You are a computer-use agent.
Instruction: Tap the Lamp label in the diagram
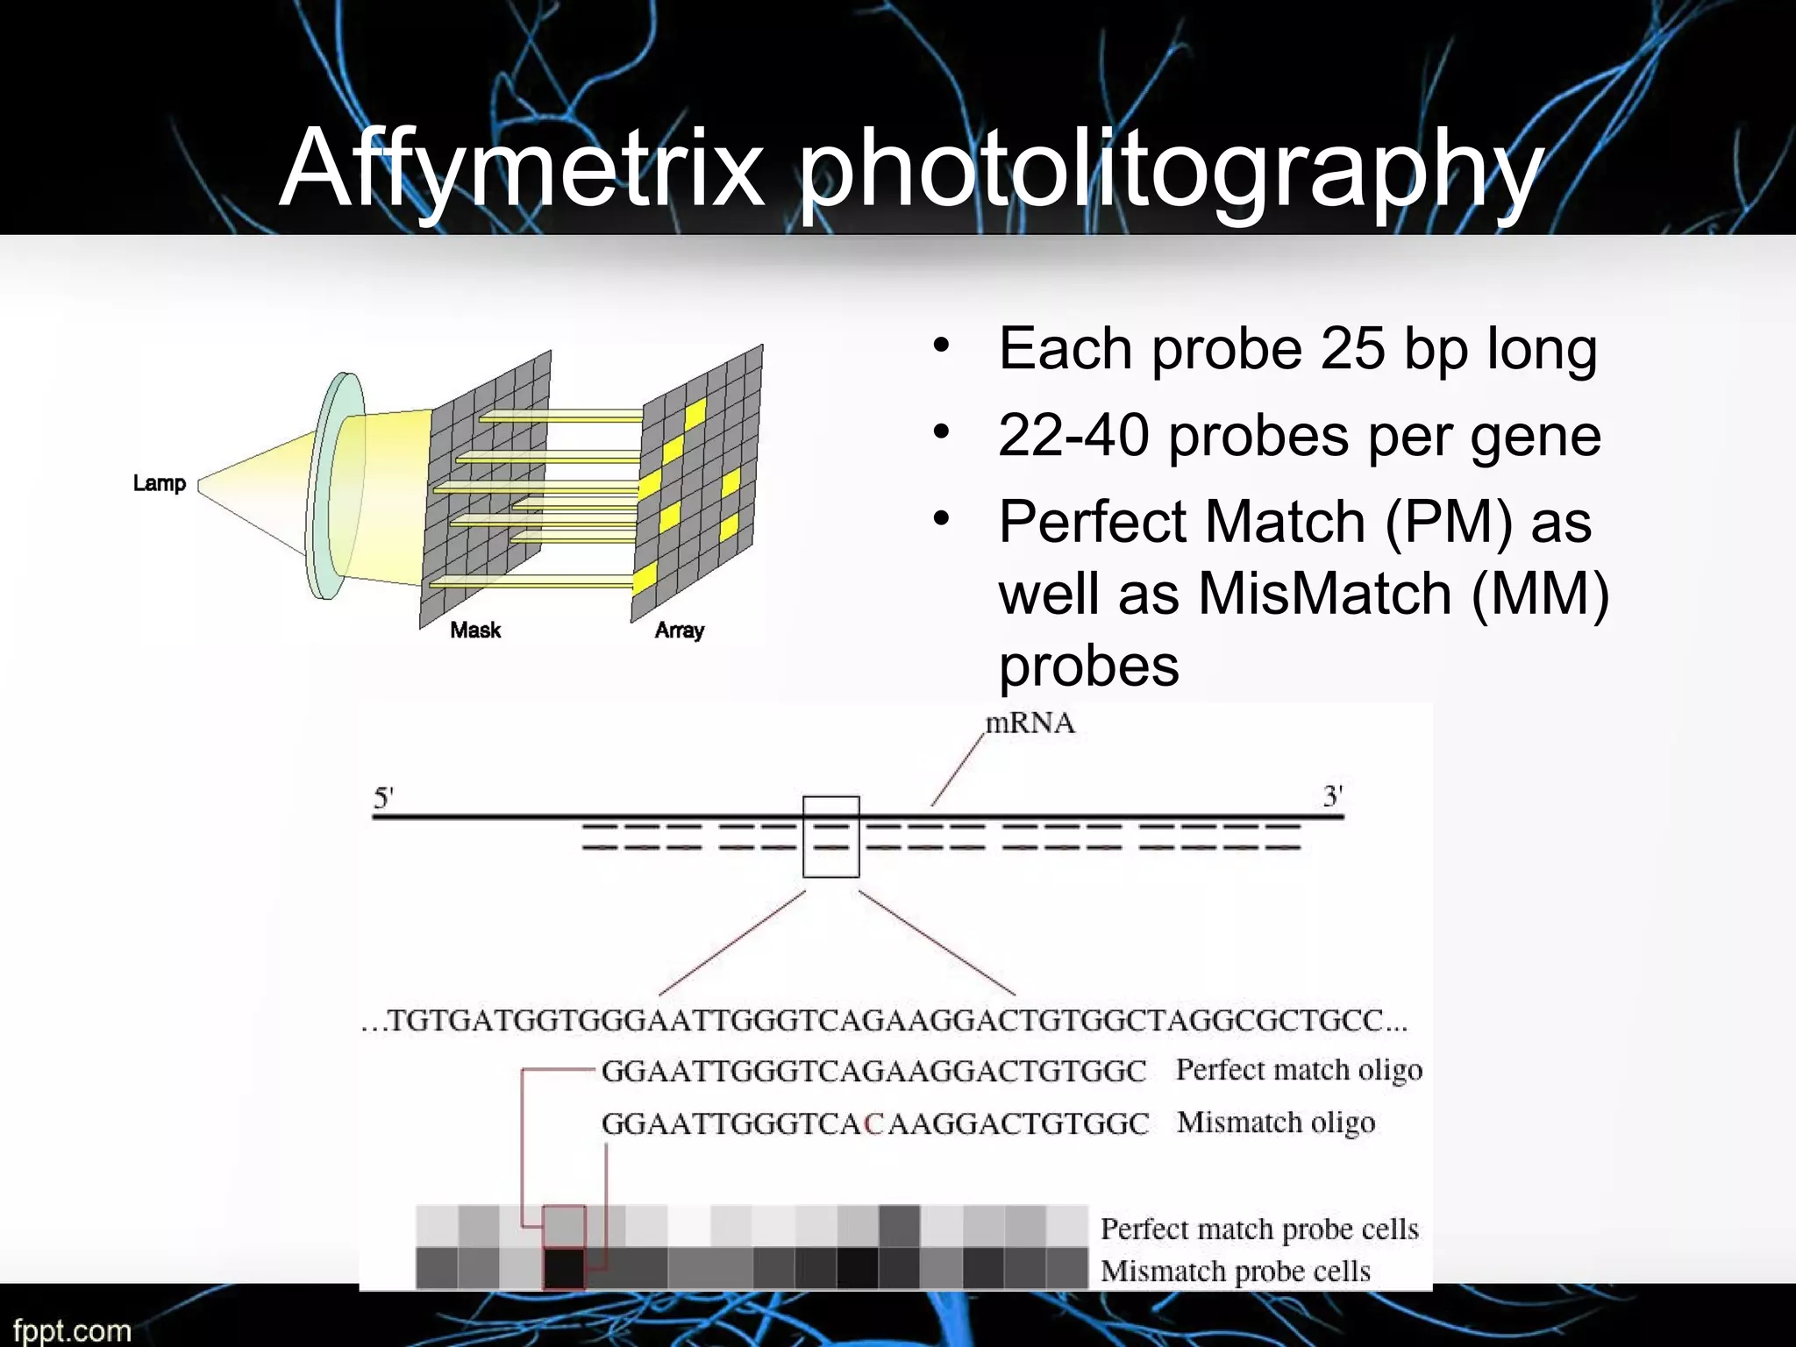(x=159, y=483)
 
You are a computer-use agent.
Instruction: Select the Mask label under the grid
(x=475, y=630)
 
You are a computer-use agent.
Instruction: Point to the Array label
(x=680, y=630)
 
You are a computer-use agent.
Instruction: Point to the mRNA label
(x=1030, y=723)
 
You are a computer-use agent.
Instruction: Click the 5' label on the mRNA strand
(x=383, y=797)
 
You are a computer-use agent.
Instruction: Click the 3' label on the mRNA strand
(x=1332, y=796)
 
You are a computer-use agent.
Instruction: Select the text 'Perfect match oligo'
(x=1298, y=1071)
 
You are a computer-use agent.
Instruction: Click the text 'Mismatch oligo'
(x=1275, y=1122)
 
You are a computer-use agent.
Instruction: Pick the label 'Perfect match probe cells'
(x=1258, y=1229)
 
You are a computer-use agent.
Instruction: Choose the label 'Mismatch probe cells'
(x=1235, y=1271)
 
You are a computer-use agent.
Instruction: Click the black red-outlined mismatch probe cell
(x=564, y=1268)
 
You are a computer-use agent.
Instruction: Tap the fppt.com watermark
(x=72, y=1329)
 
